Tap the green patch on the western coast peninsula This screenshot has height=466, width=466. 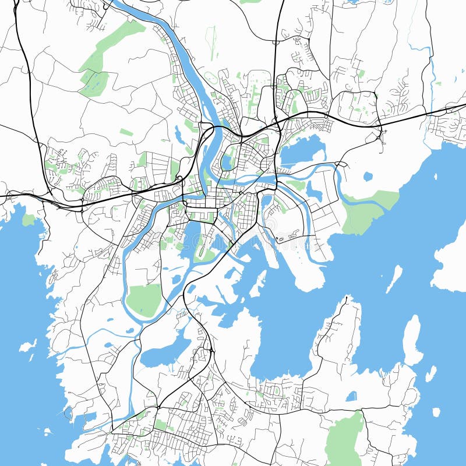pos(29,220)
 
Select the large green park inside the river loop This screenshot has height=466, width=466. pos(144,299)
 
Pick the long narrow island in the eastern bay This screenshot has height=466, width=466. pos(394,278)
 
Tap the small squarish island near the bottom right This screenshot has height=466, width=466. pos(436,412)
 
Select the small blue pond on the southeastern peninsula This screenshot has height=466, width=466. pos(351,397)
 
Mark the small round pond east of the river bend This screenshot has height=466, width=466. pos(368,175)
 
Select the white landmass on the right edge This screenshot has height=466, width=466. pos(451,262)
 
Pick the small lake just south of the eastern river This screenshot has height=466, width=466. pos(315,191)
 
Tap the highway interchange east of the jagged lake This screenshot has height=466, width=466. pos(381,135)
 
